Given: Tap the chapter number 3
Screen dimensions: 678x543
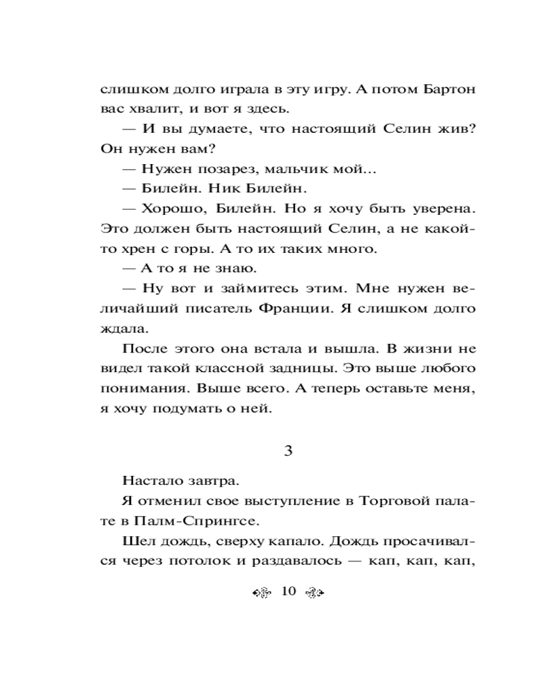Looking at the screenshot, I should pyautogui.click(x=287, y=450).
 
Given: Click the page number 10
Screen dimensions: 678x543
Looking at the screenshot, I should pyautogui.click(x=288, y=592).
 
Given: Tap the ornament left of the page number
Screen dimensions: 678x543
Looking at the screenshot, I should pyautogui.click(x=261, y=593).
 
